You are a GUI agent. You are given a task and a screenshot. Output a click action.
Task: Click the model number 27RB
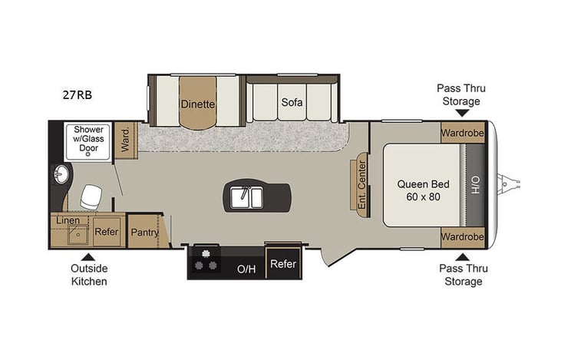(78, 96)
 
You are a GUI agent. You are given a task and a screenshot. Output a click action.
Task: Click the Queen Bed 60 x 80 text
(423, 190)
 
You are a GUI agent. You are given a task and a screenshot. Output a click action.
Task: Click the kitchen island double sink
(247, 197)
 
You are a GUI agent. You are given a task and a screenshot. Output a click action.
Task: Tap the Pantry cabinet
(144, 232)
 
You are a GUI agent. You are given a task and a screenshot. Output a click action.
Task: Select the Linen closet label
(68, 220)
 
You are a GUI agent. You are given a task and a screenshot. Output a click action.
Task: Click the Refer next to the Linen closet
(106, 232)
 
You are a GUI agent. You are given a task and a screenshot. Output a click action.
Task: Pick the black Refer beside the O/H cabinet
(282, 264)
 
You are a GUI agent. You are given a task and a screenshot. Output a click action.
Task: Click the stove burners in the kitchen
(206, 259)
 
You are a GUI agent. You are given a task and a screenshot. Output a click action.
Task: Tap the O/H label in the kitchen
(246, 269)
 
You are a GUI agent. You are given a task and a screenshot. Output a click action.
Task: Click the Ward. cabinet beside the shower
(127, 139)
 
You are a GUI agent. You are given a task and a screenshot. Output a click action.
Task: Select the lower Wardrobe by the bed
(463, 236)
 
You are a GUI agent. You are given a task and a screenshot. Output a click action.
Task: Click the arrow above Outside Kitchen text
(89, 257)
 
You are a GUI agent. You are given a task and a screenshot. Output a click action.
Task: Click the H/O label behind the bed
(475, 185)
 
